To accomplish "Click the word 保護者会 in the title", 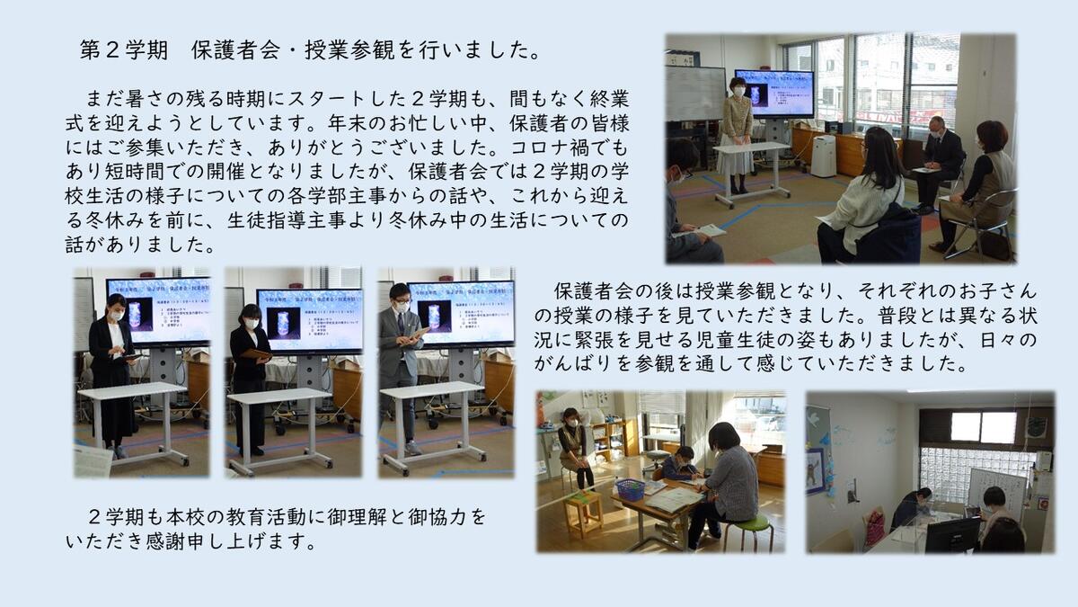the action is (235, 50).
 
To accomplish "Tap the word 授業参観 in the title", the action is (349, 50).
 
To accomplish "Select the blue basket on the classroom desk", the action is (631, 489).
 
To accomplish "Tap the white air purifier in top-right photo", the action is (823, 155).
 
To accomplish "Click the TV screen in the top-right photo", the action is (773, 94).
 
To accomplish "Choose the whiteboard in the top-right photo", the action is (695, 93).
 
